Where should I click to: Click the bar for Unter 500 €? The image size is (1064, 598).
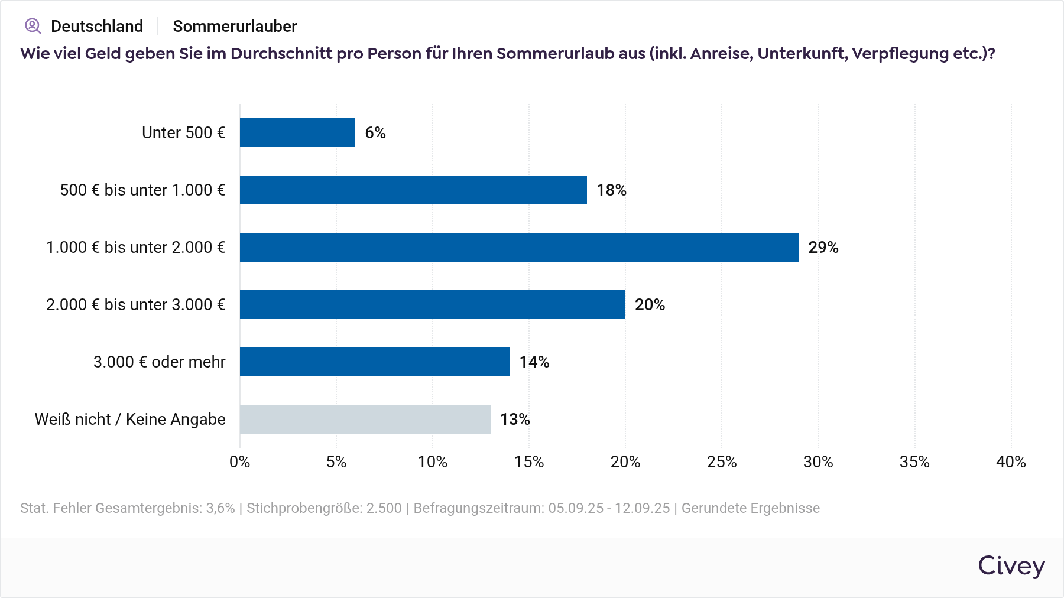pyautogui.click(x=297, y=132)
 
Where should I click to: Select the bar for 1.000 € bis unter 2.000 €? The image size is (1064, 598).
pyautogui.click(x=519, y=247)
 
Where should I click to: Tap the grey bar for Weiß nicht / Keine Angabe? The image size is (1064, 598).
pyautogui.click(x=365, y=419)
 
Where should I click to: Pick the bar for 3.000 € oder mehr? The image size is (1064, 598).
pyautogui.click(x=374, y=362)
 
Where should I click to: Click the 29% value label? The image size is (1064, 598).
pyautogui.click(x=823, y=248)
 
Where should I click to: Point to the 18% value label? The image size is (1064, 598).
pyautogui.click(x=611, y=190)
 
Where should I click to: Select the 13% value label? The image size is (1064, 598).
pyautogui.click(x=515, y=420)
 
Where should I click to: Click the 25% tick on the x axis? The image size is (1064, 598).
pyautogui.click(x=722, y=462)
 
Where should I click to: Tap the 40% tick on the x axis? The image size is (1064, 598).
pyautogui.click(x=1011, y=462)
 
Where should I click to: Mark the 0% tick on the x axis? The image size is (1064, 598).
pyautogui.click(x=240, y=462)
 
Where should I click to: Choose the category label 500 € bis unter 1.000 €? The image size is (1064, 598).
pyautogui.click(x=142, y=190)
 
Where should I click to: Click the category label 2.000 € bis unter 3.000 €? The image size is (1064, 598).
pyautogui.click(x=135, y=305)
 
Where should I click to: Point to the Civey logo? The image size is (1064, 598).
pyautogui.click(x=1011, y=566)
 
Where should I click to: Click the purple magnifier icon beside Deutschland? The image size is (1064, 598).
pyautogui.click(x=33, y=26)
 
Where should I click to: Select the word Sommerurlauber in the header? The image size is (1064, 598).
pyautogui.click(x=235, y=27)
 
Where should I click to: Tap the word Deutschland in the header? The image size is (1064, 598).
pyautogui.click(x=97, y=27)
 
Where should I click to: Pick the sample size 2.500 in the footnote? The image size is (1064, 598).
pyautogui.click(x=384, y=508)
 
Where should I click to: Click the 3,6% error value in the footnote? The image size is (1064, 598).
pyautogui.click(x=220, y=508)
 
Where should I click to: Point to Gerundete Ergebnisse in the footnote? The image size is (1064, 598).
pyautogui.click(x=750, y=508)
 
